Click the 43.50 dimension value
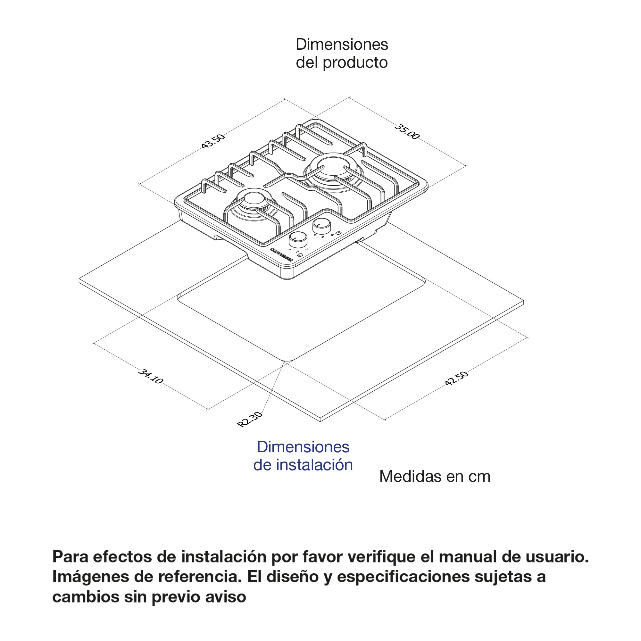213,141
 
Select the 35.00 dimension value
407,132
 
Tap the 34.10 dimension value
151,376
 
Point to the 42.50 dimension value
456,378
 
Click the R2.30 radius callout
249,419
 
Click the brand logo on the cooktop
282,254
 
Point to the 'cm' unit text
479,477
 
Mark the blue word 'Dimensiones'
303,447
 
